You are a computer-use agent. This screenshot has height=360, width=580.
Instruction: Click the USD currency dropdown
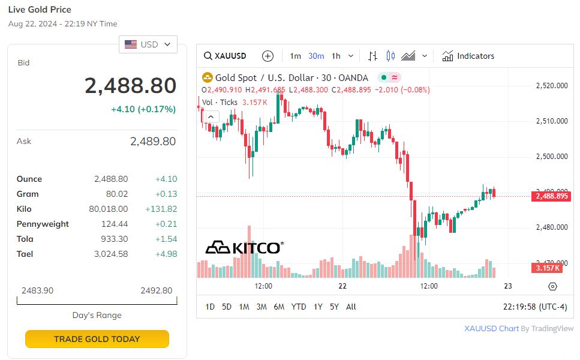click(x=148, y=44)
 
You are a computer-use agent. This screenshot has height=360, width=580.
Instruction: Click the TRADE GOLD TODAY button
click(x=97, y=339)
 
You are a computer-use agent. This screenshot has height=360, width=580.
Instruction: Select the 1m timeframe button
click(x=295, y=56)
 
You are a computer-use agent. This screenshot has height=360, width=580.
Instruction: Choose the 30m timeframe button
click(x=316, y=56)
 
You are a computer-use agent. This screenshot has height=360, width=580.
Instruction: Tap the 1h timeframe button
click(x=336, y=56)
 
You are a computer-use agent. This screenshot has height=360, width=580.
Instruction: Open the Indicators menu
click(x=468, y=56)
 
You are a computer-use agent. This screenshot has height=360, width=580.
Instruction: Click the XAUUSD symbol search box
click(x=226, y=56)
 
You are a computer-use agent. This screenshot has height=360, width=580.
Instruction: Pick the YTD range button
click(x=298, y=307)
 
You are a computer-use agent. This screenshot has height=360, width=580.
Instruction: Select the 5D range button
click(x=226, y=307)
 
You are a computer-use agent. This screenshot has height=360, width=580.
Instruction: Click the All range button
click(x=351, y=307)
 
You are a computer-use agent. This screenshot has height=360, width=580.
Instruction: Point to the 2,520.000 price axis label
click(x=551, y=86)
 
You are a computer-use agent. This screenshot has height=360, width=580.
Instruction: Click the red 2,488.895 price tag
click(x=551, y=196)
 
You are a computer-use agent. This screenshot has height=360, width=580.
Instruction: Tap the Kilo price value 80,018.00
click(x=108, y=209)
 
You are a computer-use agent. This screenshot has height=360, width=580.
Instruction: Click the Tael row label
click(x=25, y=254)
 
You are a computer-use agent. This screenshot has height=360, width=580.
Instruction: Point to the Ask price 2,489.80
click(x=152, y=142)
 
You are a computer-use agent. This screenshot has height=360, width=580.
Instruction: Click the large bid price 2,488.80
click(x=130, y=86)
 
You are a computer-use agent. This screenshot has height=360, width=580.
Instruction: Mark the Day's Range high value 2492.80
click(x=156, y=290)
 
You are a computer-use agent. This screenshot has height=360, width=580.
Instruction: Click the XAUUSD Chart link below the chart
click(x=491, y=328)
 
